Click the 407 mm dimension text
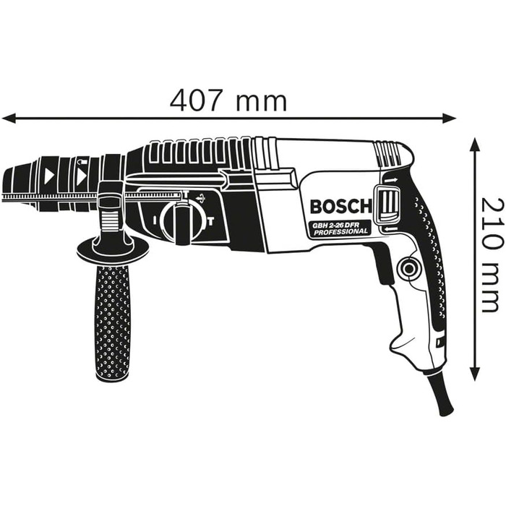tap(228, 100)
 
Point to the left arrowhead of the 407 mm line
tap(9, 116)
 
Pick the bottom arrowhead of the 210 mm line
tap(475, 374)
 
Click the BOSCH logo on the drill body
tap(340, 207)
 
